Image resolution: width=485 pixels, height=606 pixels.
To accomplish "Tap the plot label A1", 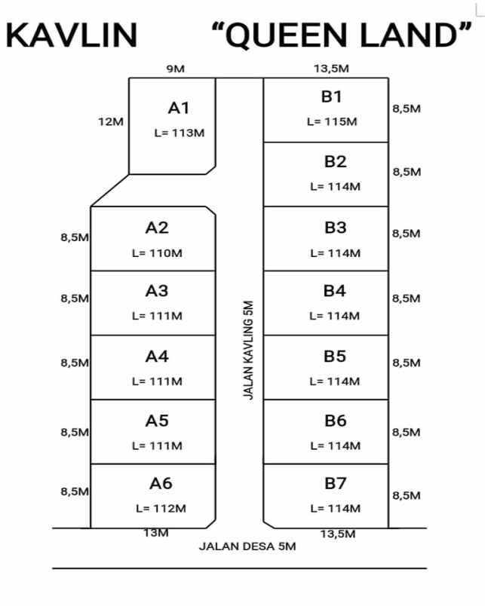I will click(179, 108).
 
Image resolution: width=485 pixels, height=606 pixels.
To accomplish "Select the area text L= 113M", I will click(179, 133).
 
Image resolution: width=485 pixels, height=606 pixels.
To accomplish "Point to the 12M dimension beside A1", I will click(111, 121).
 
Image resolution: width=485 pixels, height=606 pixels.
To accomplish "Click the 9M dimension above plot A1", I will click(175, 69).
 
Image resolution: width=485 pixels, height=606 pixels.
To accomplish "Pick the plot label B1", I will click(332, 96).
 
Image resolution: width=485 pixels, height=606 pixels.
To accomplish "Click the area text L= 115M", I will click(332, 121).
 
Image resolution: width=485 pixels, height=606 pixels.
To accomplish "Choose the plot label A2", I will click(157, 228).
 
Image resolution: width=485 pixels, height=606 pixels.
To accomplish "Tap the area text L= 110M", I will click(157, 253).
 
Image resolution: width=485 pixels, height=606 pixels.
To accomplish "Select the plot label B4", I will click(335, 291).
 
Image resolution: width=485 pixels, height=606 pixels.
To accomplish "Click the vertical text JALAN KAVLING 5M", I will click(249, 350).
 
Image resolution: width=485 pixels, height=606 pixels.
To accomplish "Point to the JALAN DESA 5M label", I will click(247, 546).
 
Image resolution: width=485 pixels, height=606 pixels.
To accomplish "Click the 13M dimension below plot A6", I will click(155, 533).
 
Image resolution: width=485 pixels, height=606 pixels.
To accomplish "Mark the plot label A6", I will click(161, 483).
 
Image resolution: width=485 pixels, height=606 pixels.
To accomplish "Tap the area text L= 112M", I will click(161, 509).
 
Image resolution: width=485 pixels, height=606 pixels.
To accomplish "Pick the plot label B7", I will click(335, 483).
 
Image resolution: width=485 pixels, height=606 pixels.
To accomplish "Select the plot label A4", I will click(157, 356).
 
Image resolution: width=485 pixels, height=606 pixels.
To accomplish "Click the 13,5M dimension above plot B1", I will click(331, 69).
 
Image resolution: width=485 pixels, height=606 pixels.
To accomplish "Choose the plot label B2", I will click(335, 161).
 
